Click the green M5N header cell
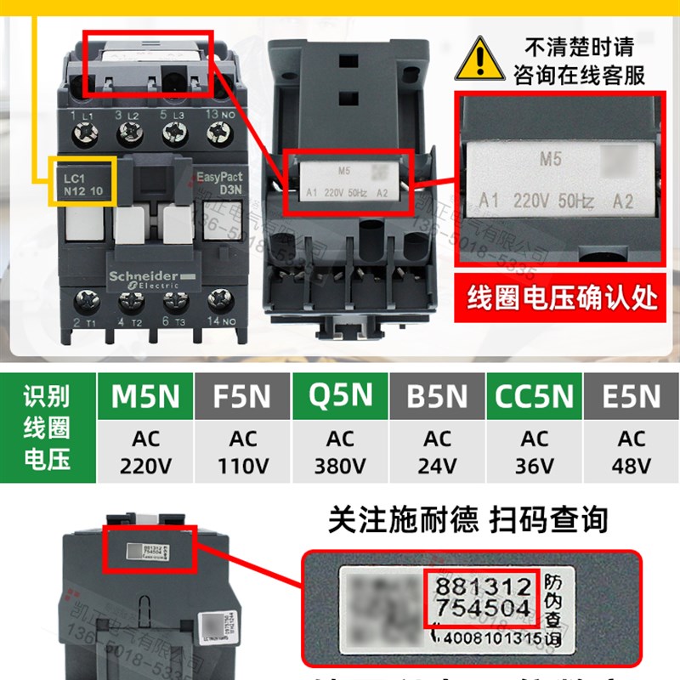pyautogui.click(x=146, y=396)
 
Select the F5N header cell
pyautogui.click(x=243, y=396)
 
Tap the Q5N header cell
pyautogui.click(x=340, y=396)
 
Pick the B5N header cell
pyautogui.click(x=437, y=396)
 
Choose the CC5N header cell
pyautogui.click(x=534, y=396)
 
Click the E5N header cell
pyautogui.click(x=631, y=396)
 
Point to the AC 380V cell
pyautogui.click(x=340, y=452)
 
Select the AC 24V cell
pyautogui.click(x=437, y=452)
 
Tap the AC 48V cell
pyautogui.click(x=631, y=452)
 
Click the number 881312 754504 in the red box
pyautogui.click(x=481, y=597)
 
